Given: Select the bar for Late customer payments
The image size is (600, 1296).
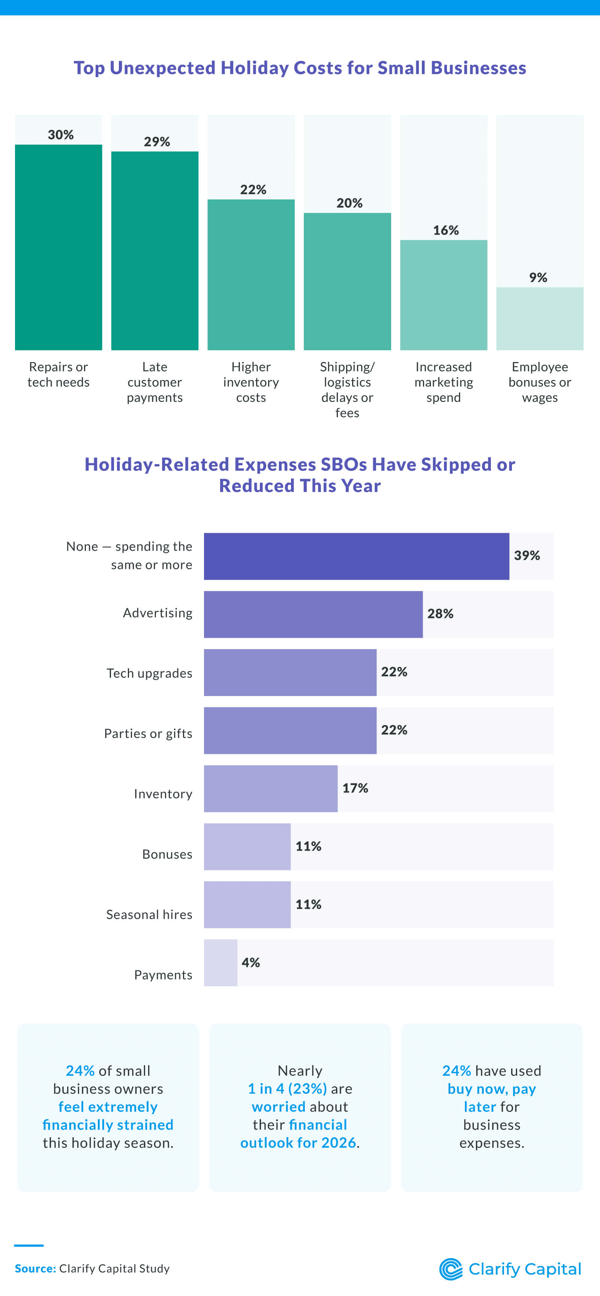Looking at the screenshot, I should [x=154, y=251].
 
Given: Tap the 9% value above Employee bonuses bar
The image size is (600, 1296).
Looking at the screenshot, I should [x=538, y=277].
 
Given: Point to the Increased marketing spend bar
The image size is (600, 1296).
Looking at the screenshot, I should [x=443, y=295].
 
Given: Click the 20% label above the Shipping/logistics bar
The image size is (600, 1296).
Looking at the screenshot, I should [x=349, y=203].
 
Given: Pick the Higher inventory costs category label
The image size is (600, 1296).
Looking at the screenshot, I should [x=251, y=382].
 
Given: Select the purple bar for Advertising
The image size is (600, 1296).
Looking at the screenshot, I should [x=313, y=614].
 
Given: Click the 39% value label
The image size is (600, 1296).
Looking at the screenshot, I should [x=526, y=555].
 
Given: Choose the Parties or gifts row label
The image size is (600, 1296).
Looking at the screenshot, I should [x=148, y=734].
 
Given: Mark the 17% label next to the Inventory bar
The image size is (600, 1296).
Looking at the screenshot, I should [x=355, y=788].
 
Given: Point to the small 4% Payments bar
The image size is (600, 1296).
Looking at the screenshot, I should [x=220, y=962].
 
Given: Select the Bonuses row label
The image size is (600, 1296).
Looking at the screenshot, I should [x=167, y=854].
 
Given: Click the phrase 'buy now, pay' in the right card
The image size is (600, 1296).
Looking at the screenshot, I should [x=491, y=1089].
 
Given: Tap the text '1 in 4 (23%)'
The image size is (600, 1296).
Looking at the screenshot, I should [x=287, y=1089].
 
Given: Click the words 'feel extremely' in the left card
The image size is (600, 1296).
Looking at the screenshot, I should [x=108, y=1107].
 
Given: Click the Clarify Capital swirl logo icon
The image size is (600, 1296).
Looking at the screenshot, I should [x=451, y=1269].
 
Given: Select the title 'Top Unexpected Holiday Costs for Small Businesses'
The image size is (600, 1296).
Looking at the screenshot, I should [x=300, y=68].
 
